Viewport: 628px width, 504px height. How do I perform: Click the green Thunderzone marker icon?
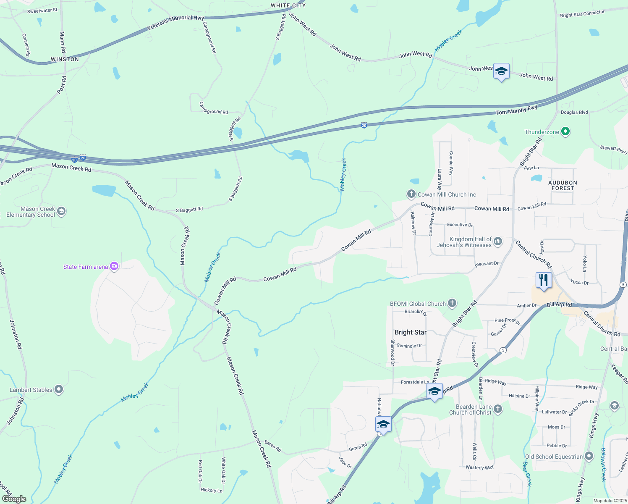(x=565, y=132)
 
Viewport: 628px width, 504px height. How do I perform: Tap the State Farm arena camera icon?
(x=114, y=266)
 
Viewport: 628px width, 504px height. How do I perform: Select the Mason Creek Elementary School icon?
(x=61, y=211)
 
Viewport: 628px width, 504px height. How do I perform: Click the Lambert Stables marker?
(x=59, y=390)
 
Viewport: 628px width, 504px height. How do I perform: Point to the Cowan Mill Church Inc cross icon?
(x=411, y=194)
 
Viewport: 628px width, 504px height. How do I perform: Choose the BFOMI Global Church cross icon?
(x=452, y=303)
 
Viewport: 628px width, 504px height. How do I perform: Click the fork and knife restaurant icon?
(x=544, y=280)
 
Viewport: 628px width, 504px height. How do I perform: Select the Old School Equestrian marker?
(x=589, y=456)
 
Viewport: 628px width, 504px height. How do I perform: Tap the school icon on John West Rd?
(x=501, y=71)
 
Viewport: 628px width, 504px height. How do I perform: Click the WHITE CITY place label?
(x=288, y=5)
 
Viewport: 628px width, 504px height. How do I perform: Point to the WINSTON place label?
(x=65, y=59)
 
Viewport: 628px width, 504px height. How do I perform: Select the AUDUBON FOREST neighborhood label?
(x=563, y=185)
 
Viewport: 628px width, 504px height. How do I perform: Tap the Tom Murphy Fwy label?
(x=516, y=110)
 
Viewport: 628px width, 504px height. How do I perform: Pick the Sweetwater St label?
(x=42, y=10)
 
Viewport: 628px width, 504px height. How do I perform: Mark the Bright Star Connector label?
(x=582, y=14)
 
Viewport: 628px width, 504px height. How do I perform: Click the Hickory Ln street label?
(x=212, y=490)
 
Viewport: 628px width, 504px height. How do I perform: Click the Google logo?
(x=14, y=499)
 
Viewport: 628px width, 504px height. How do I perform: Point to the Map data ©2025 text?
(x=610, y=501)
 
